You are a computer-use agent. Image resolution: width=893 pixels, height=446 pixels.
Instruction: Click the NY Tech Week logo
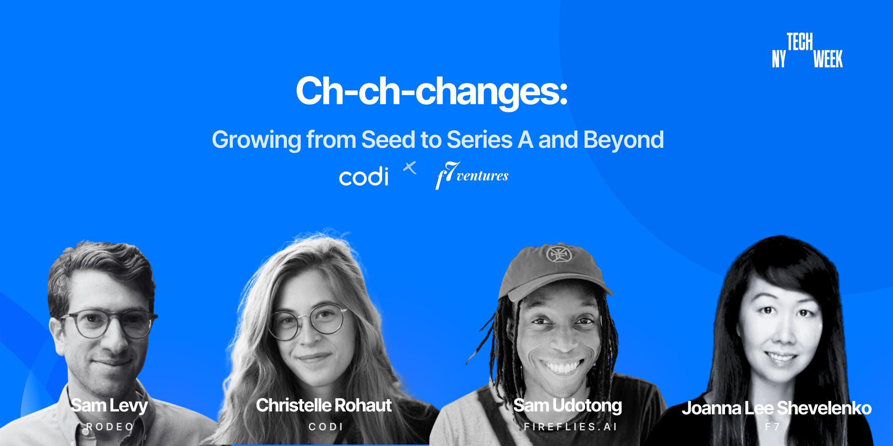point(807,51)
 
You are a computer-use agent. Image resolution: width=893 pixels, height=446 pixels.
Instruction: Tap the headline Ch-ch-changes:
point(431,91)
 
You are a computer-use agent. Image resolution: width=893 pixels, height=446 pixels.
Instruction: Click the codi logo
point(364,177)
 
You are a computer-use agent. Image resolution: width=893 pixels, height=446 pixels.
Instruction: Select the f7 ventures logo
point(472,175)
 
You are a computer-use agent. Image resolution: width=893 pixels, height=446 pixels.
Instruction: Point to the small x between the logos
point(409,168)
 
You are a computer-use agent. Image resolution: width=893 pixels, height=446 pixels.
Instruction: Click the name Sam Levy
point(109,405)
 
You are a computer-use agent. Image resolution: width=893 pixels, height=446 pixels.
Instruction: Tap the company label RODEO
point(110,426)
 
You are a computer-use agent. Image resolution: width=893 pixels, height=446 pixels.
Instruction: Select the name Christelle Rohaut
point(324,405)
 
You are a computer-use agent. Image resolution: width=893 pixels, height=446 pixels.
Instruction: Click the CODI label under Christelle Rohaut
point(326,426)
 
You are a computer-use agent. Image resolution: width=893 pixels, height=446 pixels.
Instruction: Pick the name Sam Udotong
point(567,406)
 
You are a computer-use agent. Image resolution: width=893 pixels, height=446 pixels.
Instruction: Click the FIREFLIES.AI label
point(570,426)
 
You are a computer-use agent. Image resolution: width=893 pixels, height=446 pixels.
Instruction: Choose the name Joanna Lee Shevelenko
point(777,408)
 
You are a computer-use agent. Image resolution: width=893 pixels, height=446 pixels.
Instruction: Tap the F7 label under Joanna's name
point(773,426)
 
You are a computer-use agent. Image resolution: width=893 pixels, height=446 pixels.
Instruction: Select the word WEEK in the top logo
point(828,59)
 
